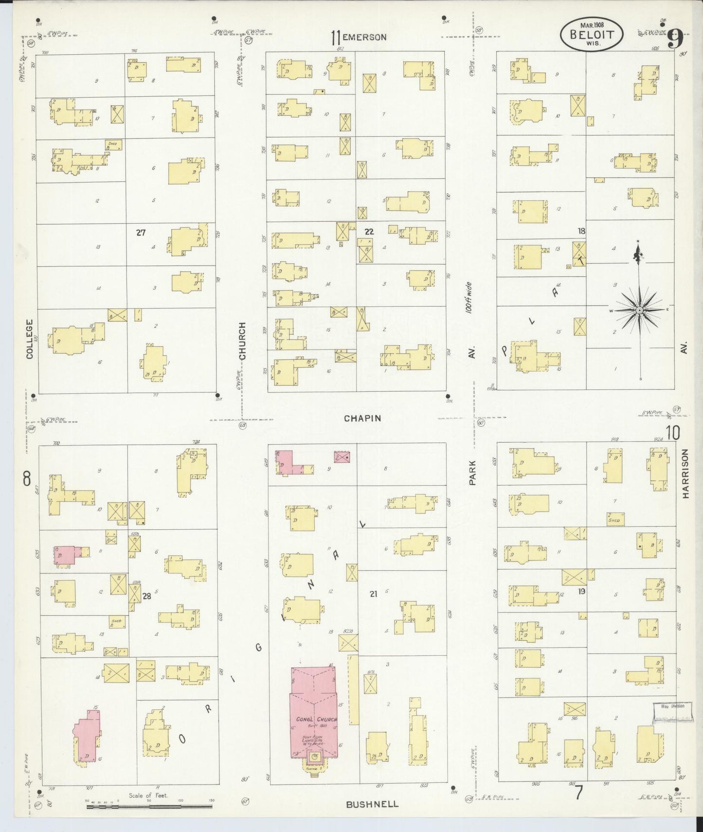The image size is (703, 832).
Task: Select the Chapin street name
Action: (x=362, y=418)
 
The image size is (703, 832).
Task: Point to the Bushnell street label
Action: (x=372, y=804)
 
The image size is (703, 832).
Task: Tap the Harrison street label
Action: (x=685, y=474)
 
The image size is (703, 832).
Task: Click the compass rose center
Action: (x=639, y=310)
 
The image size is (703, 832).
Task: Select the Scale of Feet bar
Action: (x=149, y=806)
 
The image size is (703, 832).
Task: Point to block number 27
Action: (x=141, y=233)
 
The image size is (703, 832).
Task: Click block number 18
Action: (x=581, y=231)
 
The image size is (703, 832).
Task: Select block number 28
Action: (x=146, y=594)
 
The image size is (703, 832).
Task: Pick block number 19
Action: (x=581, y=592)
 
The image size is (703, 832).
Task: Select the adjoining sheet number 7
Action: (x=578, y=793)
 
